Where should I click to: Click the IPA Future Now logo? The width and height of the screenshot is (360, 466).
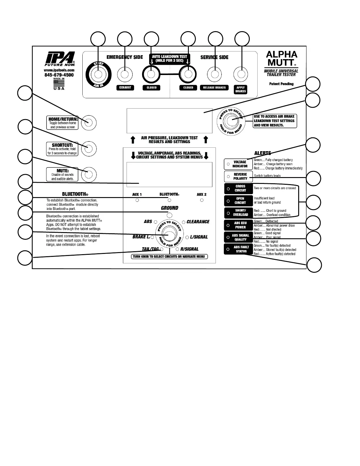point(60,58)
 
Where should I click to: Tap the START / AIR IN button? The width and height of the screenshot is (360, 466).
point(99,74)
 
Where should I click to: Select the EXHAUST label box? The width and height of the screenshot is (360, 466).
point(125,88)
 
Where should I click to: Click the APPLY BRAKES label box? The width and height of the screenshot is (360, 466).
point(241,89)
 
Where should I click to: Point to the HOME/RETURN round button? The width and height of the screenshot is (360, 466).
point(89,123)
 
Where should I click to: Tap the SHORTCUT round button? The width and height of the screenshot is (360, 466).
point(89,149)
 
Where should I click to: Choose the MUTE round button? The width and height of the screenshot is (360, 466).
point(89,174)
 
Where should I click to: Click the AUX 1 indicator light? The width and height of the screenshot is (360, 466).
point(137,200)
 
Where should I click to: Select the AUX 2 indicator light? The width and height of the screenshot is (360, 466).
point(202,200)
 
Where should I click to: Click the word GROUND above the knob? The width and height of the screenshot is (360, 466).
point(169,208)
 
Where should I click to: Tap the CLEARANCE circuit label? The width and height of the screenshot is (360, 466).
point(198,222)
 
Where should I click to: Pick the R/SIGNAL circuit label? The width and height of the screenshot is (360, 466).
point(189,249)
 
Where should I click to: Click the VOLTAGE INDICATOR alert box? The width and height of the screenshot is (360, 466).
point(238,164)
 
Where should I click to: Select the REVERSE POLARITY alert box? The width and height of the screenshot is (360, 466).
point(238,177)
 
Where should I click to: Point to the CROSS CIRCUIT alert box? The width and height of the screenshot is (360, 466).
point(238,188)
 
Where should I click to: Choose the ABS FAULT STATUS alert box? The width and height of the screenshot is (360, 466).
point(238,249)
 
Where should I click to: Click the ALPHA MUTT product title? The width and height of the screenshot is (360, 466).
point(281,58)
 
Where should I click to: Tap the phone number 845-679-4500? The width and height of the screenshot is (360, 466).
point(59,75)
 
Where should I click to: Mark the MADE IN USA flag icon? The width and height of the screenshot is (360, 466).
point(59,83)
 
